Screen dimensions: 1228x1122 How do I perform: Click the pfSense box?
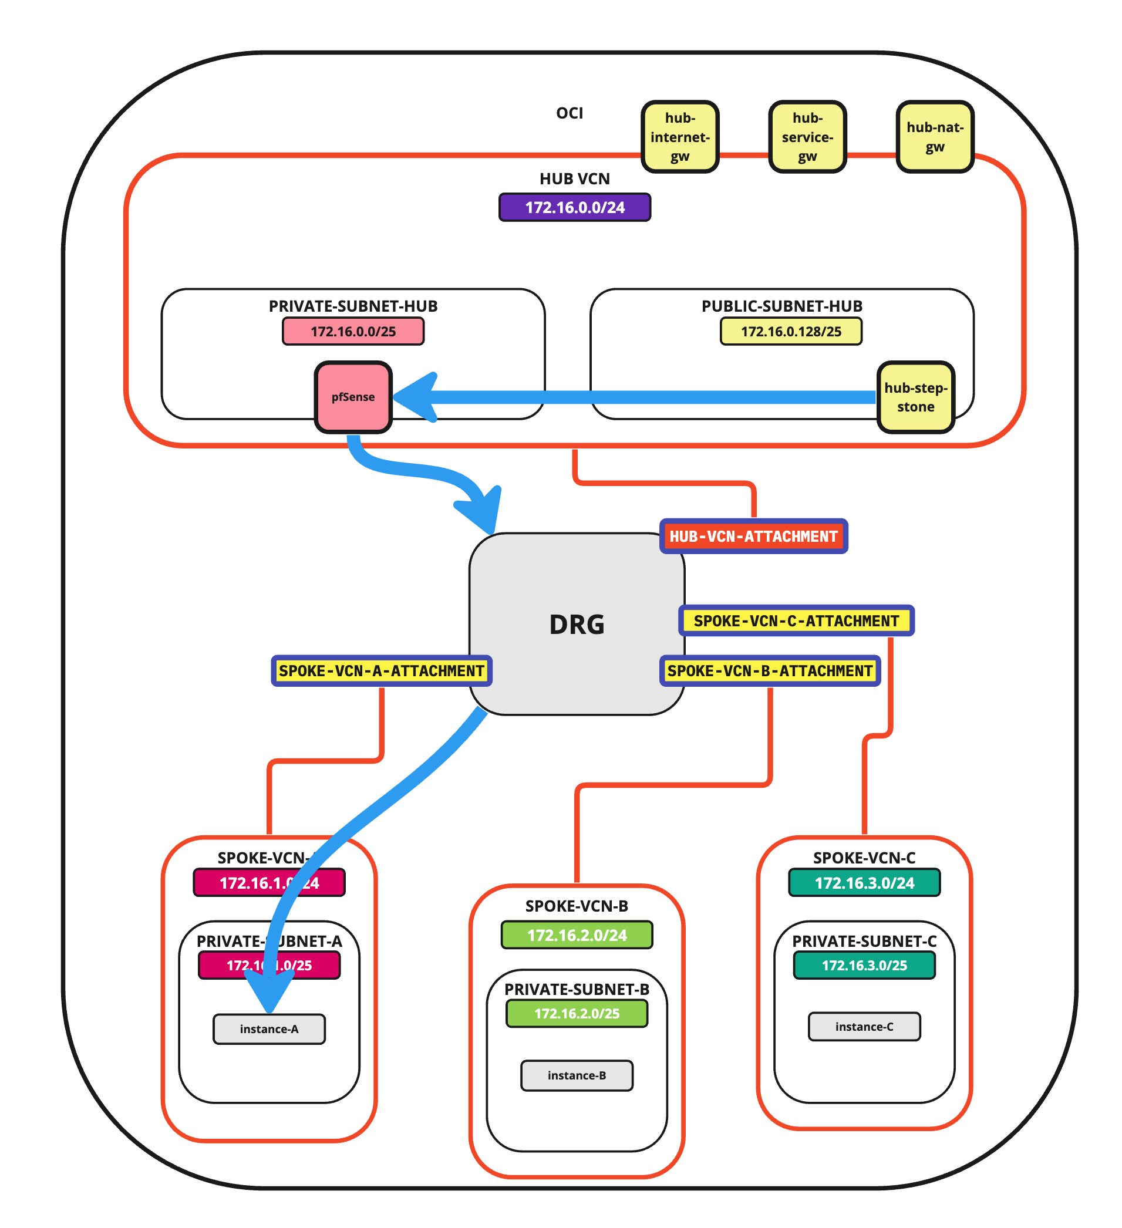(x=353, y=397)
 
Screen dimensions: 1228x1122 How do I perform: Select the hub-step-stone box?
(x=915, y=397)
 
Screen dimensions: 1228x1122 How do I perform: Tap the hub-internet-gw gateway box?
(x=680, y=137)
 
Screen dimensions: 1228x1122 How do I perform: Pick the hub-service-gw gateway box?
(x=807, y=137)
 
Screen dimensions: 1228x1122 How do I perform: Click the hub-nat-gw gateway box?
(x=934, y=137)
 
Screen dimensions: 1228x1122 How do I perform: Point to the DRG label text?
(x=576, y=625)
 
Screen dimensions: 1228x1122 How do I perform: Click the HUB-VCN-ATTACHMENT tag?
(x=753, y=537)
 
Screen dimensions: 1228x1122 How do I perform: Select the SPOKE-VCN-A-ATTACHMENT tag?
(x=381, y=671)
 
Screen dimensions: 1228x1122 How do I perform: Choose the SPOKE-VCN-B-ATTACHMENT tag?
(x=770, y=671)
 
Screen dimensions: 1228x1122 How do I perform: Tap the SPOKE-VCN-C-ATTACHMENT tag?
(x=796, y=620)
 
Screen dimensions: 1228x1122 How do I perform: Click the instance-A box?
(x=269, y=1029)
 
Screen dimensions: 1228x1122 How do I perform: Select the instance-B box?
(x=576, y=1075)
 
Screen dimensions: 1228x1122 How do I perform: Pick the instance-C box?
(x=864, y=1027)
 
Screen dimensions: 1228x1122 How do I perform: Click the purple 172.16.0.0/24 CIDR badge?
(x=574, y=208)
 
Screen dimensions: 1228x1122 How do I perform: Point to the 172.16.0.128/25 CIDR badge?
(x=791, y=332)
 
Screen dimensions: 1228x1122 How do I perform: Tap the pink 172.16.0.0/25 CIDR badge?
(x=353, y=332)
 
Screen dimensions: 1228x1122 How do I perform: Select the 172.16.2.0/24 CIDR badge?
(x=576, y=935)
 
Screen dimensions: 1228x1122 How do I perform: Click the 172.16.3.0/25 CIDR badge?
(x=864, y=966)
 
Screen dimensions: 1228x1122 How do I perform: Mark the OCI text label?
(x=569, y=113)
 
